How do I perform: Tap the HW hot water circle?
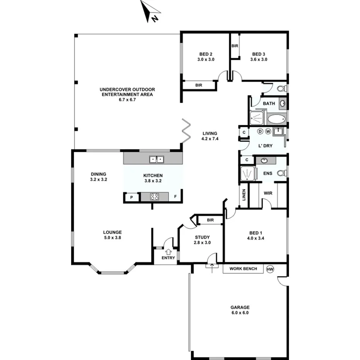[270, 269]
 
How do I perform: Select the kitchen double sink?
[157, 159]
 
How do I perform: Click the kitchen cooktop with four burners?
[155, 197]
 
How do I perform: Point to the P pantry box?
[131, 197]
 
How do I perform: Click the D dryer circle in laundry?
[260, 131]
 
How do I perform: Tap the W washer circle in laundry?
[268, 131]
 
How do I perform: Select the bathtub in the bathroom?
[276, 119]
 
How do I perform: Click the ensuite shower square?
[248, 173]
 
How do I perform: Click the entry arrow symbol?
[168, 252]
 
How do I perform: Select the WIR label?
[268, 192]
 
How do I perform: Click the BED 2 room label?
[205, 54]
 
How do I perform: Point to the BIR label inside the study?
[210, 220]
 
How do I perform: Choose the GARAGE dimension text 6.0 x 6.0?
[240, 313]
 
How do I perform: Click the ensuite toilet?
[282, 173]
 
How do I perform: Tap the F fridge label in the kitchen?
[175, 197]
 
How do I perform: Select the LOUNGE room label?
[112, 232]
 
